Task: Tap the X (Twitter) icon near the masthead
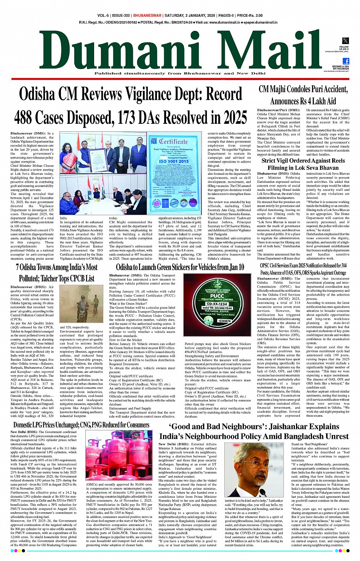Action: [345, 41]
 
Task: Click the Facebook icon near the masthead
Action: [346, 61]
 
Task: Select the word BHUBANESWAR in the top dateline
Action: [147, 16]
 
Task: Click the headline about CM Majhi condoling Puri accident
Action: [303, 95]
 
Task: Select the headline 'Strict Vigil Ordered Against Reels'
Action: [303, 161]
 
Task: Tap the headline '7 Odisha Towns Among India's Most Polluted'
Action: [56, 272]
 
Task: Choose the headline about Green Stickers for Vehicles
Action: [180, 267]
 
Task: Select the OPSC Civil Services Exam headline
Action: [303, 269]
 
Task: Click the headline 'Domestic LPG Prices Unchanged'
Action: [81, 425]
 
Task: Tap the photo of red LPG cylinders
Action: [119, 455]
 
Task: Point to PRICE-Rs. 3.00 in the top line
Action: [250, 16]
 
